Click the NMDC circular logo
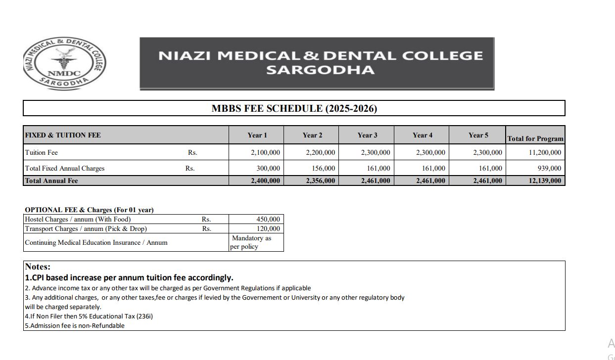64,63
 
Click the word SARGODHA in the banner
320,70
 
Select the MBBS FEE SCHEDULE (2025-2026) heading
294,108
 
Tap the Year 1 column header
257,135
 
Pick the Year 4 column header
422,135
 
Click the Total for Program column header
535,138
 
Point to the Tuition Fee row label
42,152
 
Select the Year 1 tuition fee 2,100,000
265,152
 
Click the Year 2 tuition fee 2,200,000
320,152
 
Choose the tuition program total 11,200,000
545,152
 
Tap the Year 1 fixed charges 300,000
268,168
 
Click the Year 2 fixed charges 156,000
323,168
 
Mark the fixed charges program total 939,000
549,168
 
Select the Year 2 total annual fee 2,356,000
320,180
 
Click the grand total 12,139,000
545,180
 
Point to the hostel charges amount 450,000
268,219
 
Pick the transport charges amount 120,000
268,228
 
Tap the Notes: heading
38,267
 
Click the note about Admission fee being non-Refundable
75,325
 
